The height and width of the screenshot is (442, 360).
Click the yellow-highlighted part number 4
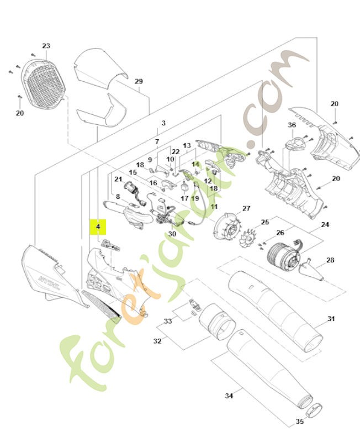tap(98, 227)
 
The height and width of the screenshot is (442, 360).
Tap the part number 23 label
tap(46, 46)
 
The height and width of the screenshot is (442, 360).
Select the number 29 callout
tap(139, 82)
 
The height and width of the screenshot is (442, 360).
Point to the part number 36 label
tap(292, 125)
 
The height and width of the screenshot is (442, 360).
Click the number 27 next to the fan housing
tap(246, 208)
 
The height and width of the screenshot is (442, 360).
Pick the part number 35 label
tap(299, 422)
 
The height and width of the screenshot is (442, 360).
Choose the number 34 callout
tap(229, 396)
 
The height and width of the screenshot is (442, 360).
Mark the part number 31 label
tap(331, 319)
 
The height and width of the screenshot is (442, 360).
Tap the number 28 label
tap(330, 260)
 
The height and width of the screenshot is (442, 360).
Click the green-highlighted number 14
tap(195, 164)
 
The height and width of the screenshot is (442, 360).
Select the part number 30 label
tap(172, 234)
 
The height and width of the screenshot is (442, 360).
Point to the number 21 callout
tap(118, 179)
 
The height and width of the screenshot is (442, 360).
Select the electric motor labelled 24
tap(282, 256)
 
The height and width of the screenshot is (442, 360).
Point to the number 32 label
tap(157, 341)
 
